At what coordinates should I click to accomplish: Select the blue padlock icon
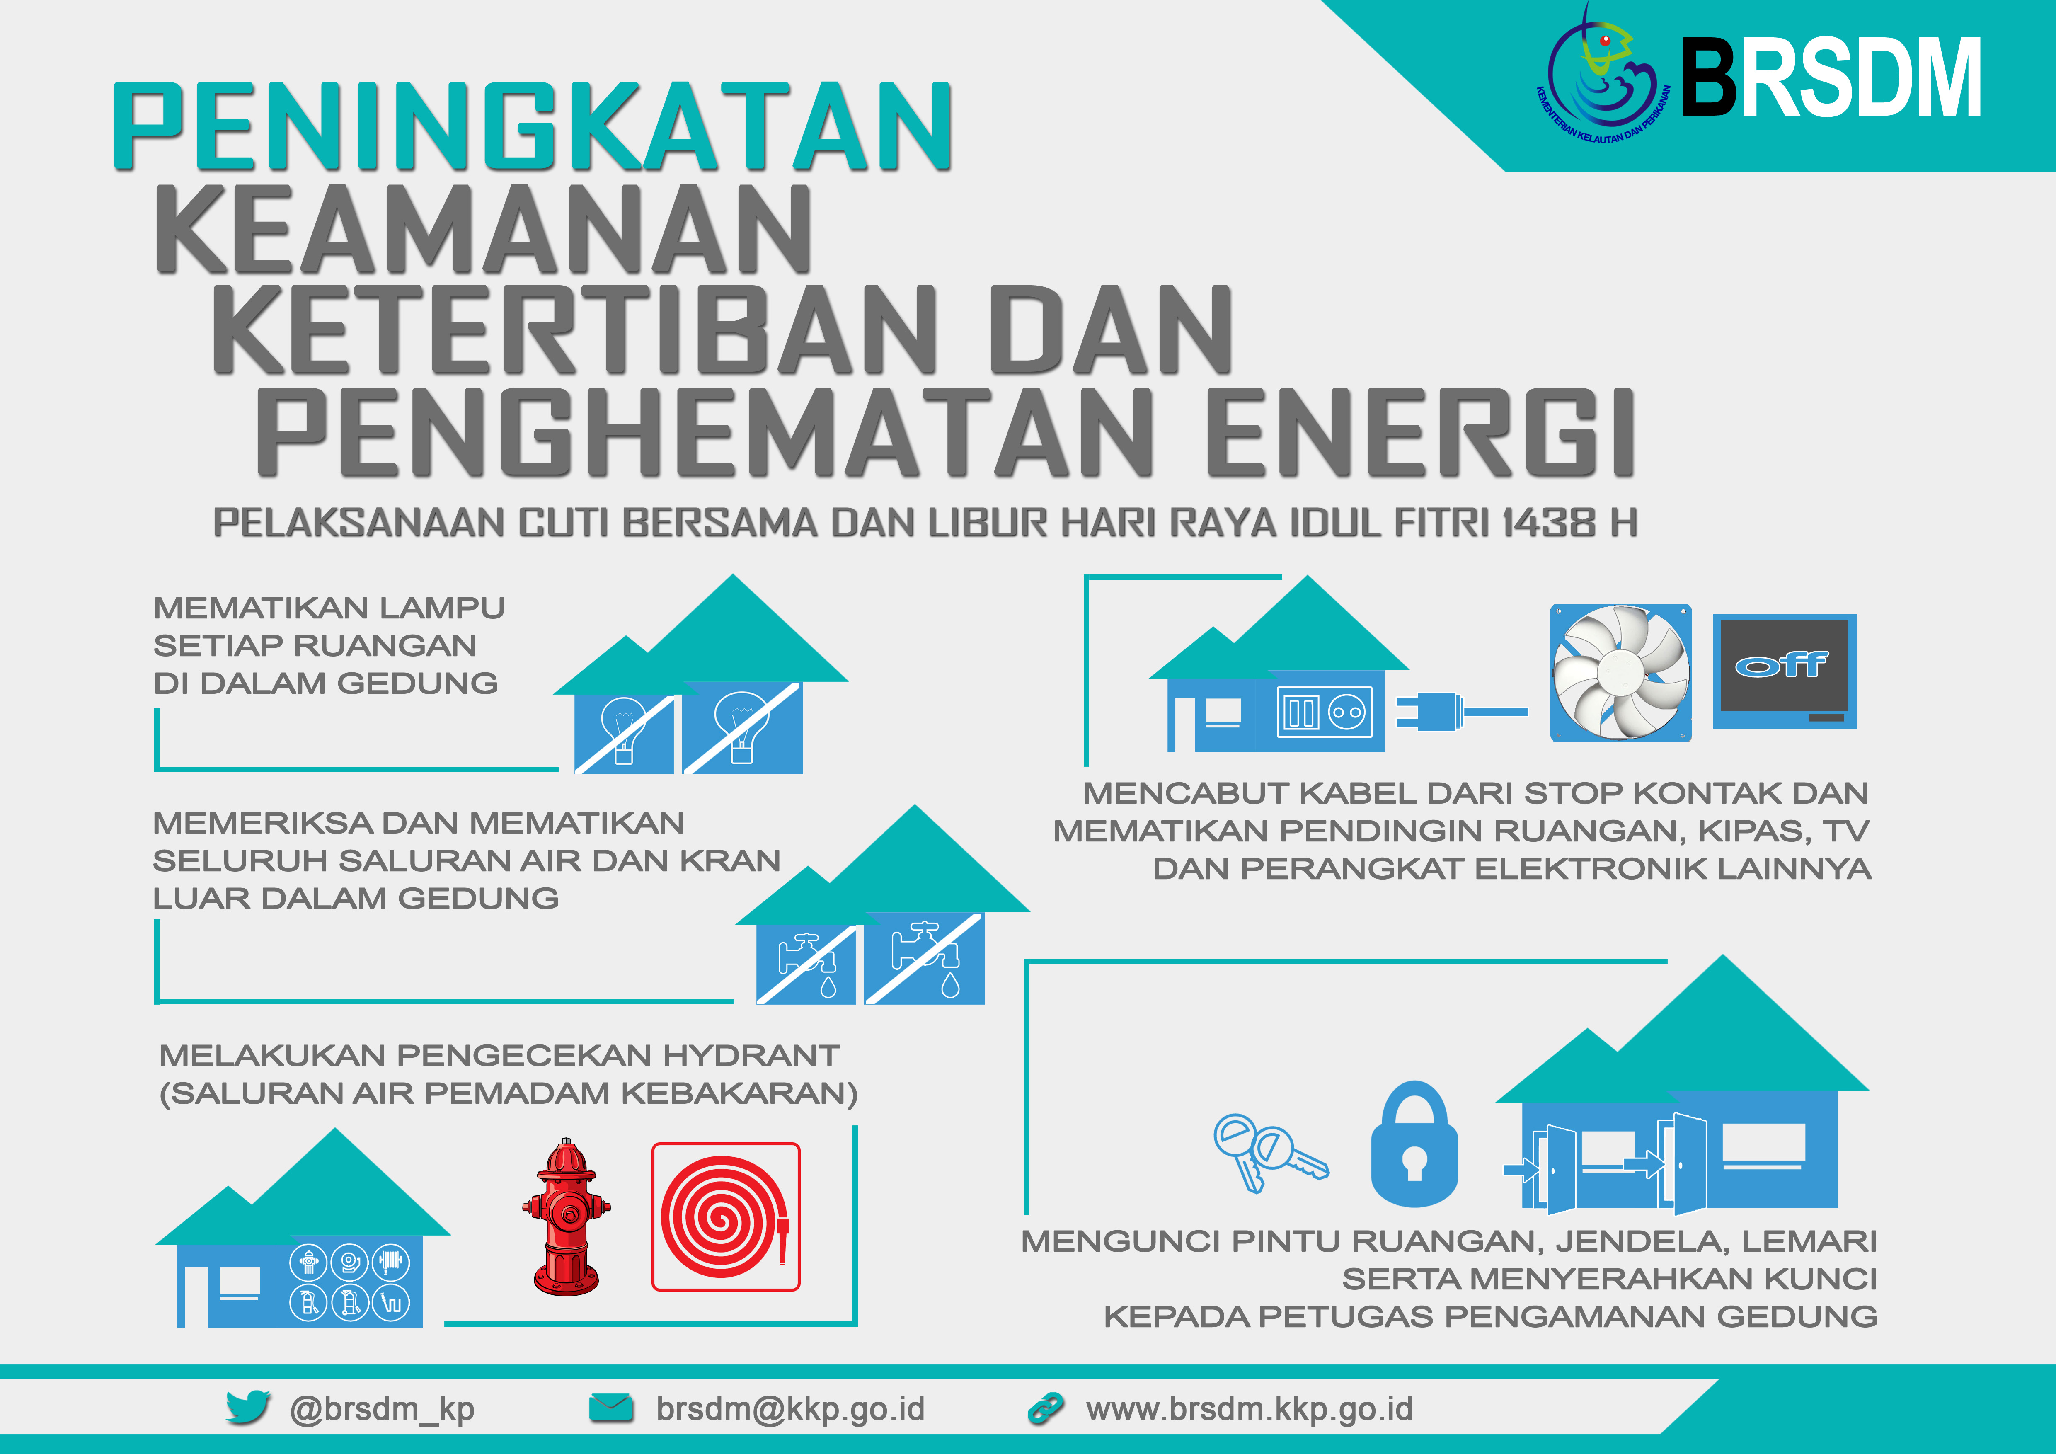click(1415, 1144)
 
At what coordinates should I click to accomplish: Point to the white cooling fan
click(1621, 672)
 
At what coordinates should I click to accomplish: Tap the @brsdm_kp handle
click(383, 1409)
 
